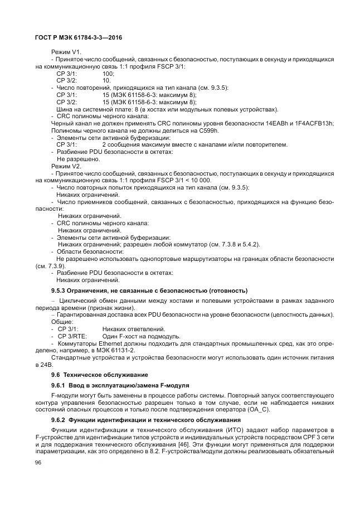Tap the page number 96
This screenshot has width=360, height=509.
click(x=38, y=463)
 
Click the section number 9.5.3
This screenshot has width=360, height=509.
click(x=62, y=290)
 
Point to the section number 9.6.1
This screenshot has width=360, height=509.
click(x=62, y=385)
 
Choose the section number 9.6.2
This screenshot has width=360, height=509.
click(x=62, y=419)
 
